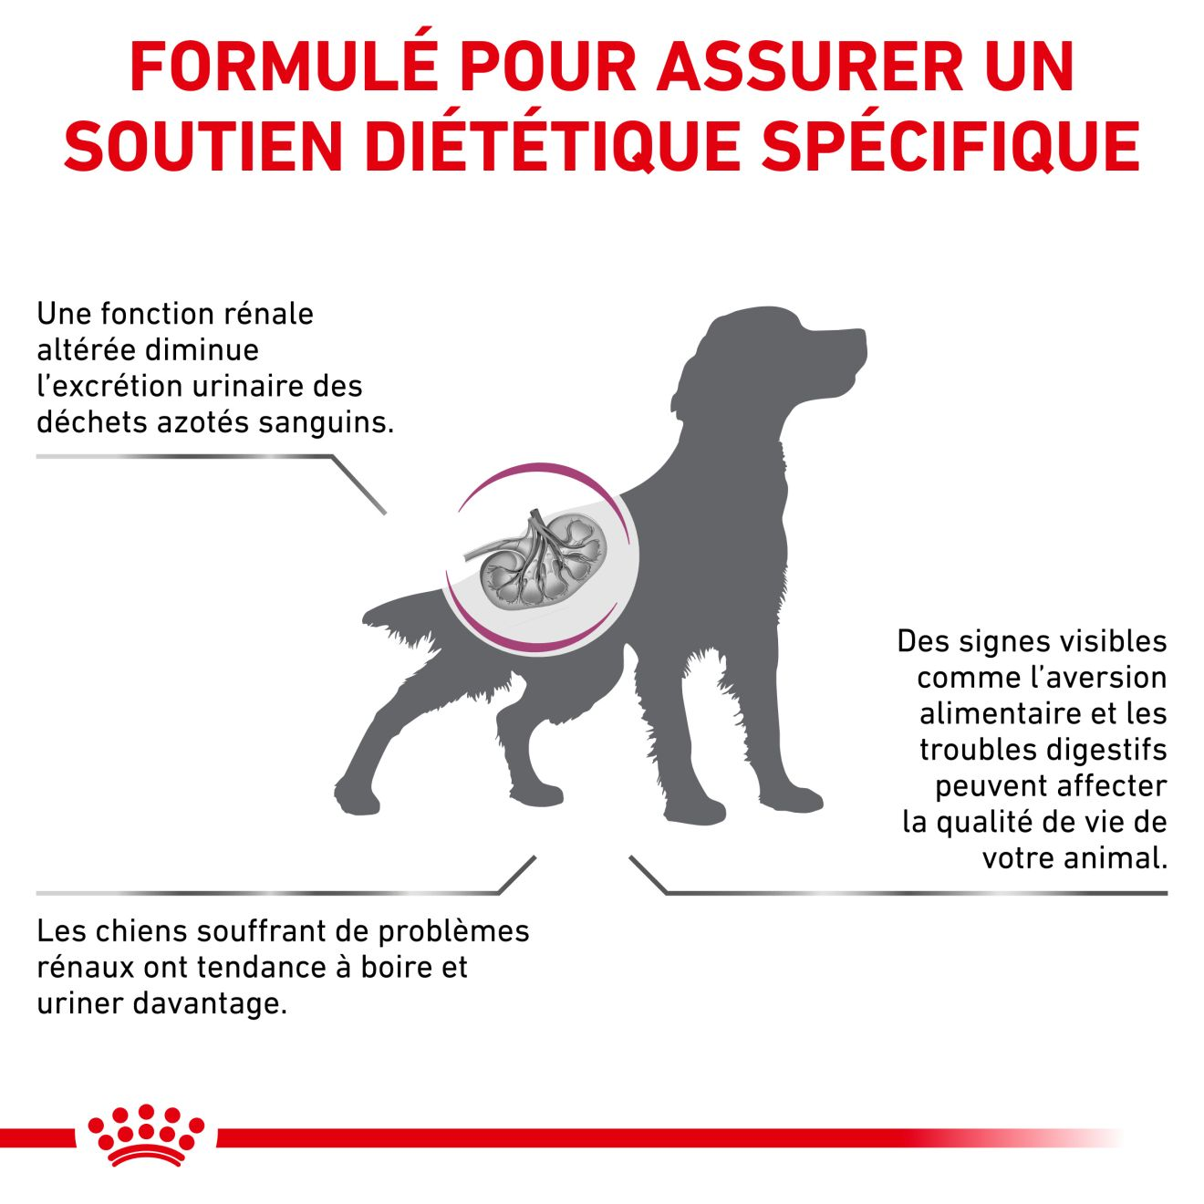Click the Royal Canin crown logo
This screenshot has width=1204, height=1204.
click(x=146, y=1135)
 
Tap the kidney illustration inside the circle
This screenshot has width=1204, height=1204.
click(x=538, y=565)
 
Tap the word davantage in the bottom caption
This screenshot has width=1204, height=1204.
click(x=210, y=1004)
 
